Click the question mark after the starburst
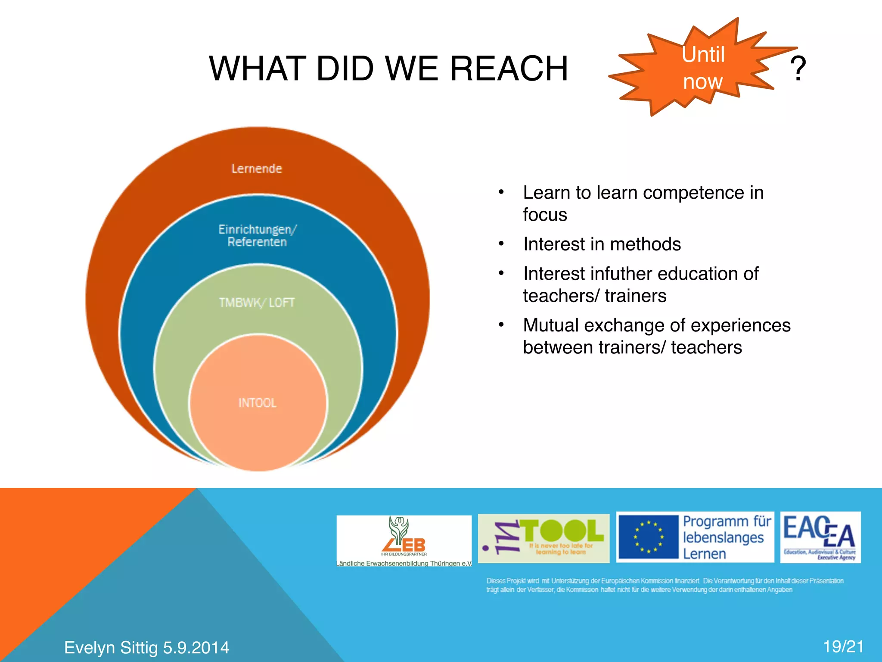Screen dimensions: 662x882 pos(798,69)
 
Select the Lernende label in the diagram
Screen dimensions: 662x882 pos(257,169)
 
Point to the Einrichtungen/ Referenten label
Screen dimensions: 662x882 pos(257,235)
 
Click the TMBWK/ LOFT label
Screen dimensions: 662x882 pos(257,303)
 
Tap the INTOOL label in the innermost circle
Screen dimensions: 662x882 pos(258,403)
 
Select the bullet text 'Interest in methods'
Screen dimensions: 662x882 pos(602,244)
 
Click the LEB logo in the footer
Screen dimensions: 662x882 pos(404,539)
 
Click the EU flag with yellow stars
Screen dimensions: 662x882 pos(648,537)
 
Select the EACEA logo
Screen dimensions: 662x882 pos(820,537)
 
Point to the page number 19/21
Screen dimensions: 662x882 pos(843,646)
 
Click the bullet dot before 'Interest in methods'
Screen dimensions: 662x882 pos(501,244)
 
